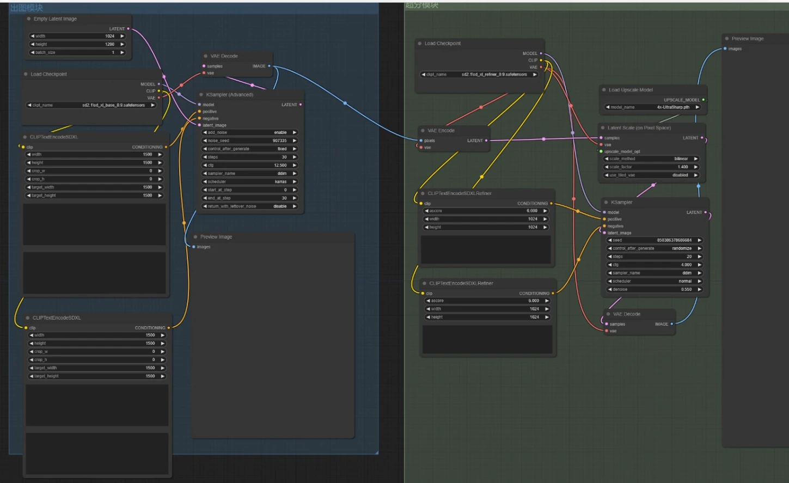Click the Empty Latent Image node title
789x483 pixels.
[55, 19]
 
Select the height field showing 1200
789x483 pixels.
[77, 44]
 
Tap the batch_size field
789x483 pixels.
[77, 52]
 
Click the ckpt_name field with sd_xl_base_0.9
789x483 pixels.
[91, 105]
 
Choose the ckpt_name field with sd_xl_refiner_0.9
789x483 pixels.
[479, 75]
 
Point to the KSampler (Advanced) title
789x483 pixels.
[229, 95]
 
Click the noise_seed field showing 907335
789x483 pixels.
[249, 140]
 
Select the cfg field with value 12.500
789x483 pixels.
[249, 165]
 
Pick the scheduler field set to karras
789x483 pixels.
[249, 181]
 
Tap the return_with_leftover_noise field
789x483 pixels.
[249, 206]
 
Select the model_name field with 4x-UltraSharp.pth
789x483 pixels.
[652, 107]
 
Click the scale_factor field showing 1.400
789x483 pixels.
[651, 167]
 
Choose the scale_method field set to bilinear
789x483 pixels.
[651, 159]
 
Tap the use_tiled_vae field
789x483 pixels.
[651, 175]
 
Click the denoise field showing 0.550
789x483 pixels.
[655, 289]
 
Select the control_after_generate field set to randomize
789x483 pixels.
[655, 248]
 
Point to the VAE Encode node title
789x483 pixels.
[441, 131]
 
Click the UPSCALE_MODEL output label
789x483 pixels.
[681, 100]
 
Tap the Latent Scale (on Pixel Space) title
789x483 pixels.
[639, 128]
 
